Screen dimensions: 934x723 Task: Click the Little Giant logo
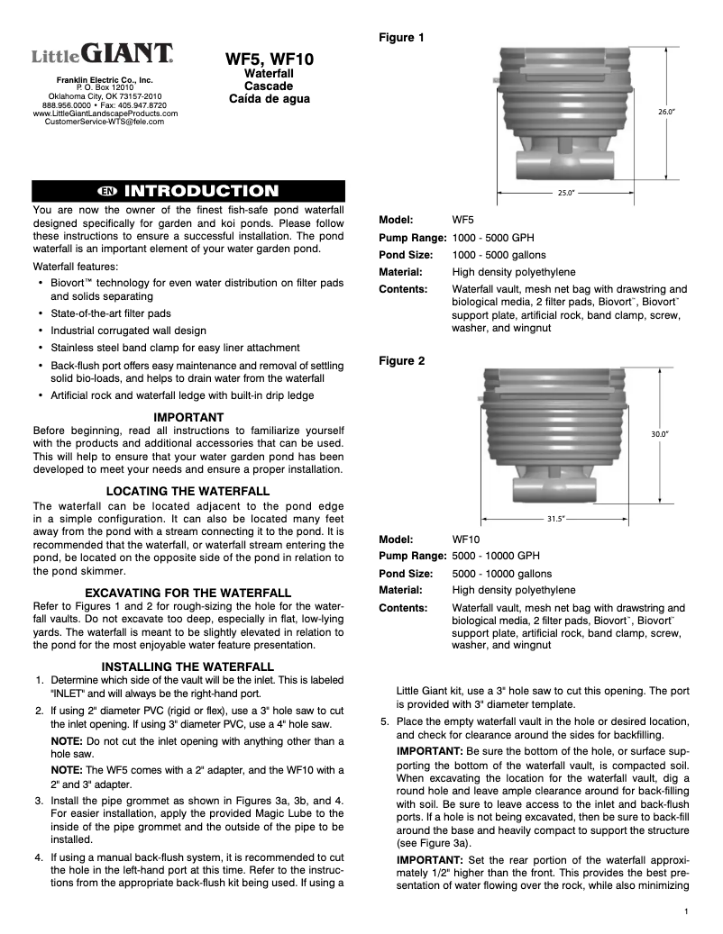pos(104,55)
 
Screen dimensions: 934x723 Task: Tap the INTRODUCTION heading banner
pos(189,191)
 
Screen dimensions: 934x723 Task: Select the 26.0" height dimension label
pos(666,112)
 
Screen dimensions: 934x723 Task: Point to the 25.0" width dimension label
pos(566,193)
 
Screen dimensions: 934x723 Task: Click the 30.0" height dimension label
pos(660,433)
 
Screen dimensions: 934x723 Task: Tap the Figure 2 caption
pos(401,360)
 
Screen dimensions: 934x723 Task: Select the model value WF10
pos(466,540)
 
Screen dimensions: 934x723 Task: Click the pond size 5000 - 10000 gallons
pos(501,574)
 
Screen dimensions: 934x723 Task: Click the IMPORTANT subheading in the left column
pos(188,417)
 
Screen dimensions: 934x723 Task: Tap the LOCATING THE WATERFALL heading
pos(188,491)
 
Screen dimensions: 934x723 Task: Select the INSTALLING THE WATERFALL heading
pos(188,666)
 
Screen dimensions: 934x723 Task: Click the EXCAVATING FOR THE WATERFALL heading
pos(188,592)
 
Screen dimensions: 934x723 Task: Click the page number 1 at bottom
pos(686,912)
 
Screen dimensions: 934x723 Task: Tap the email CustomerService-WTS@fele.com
pos(105,122)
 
